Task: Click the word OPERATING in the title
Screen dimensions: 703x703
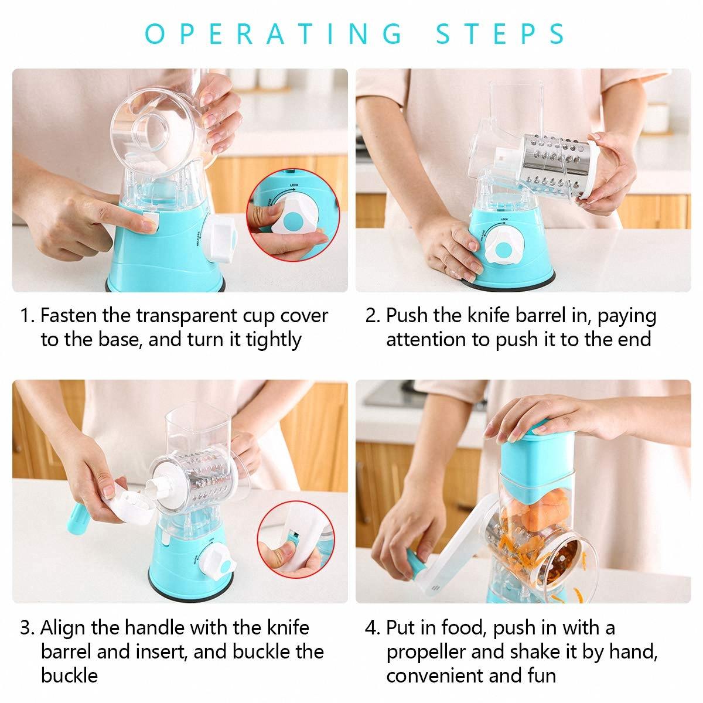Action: (273, 33)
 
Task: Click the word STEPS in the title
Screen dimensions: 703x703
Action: (500, 33)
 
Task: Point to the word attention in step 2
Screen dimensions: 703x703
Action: (426, 340)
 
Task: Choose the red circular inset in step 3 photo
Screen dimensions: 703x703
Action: (295, 540)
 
